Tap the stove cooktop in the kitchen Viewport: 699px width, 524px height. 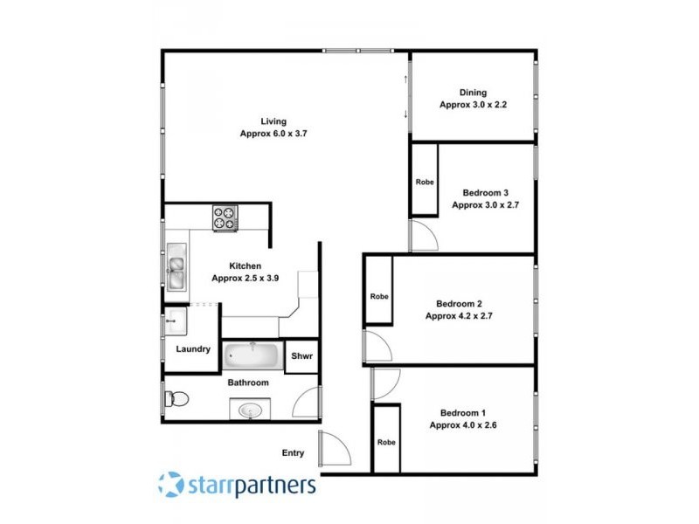click(225, 217)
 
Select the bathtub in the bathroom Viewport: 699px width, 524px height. click(252, 356)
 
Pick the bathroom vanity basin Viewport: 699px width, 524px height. click(250, 409)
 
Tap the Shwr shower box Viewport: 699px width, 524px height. click(301, 356)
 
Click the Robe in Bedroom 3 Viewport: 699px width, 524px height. click(425, 182)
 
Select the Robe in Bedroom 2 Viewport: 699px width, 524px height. click(378, 295)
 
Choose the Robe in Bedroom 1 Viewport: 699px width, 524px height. click(386, 442)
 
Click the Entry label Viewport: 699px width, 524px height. click(293, 452)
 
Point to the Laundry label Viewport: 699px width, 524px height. click(193, 349)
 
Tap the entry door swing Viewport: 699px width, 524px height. click(335, 448)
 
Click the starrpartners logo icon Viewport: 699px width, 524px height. click(170, 483)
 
